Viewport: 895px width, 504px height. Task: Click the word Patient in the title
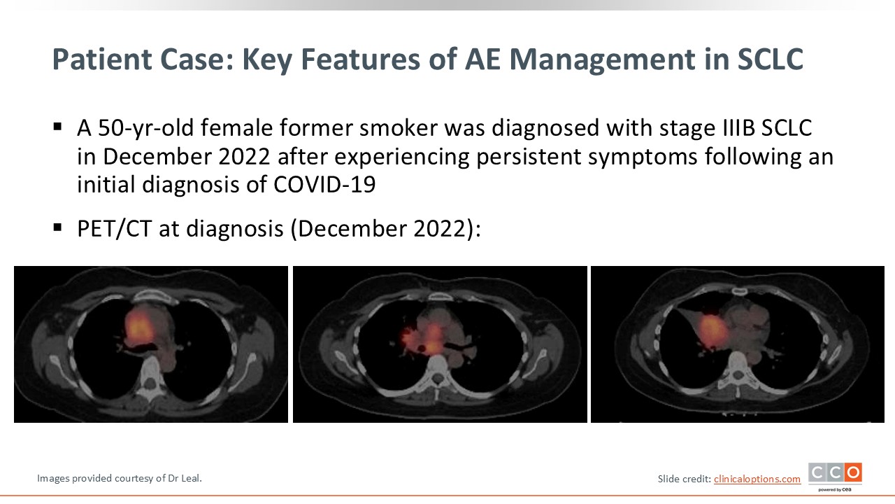(102, 59)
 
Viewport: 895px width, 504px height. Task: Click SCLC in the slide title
(770, 59)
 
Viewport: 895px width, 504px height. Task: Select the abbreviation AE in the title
(482, 59)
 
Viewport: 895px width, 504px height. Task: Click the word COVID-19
(324, 185)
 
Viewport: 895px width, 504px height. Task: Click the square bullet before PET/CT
(57, 228)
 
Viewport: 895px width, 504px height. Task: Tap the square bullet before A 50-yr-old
(57, 127)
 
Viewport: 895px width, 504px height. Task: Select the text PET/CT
(114, 229)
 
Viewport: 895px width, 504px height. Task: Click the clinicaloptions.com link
(757, 479)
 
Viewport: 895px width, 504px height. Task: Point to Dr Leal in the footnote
(184, 478)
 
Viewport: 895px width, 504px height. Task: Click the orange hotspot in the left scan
(138, 327)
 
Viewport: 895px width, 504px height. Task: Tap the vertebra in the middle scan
(438, 371)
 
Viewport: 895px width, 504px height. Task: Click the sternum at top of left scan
(152, 296)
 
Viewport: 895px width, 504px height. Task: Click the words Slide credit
(684, 479)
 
